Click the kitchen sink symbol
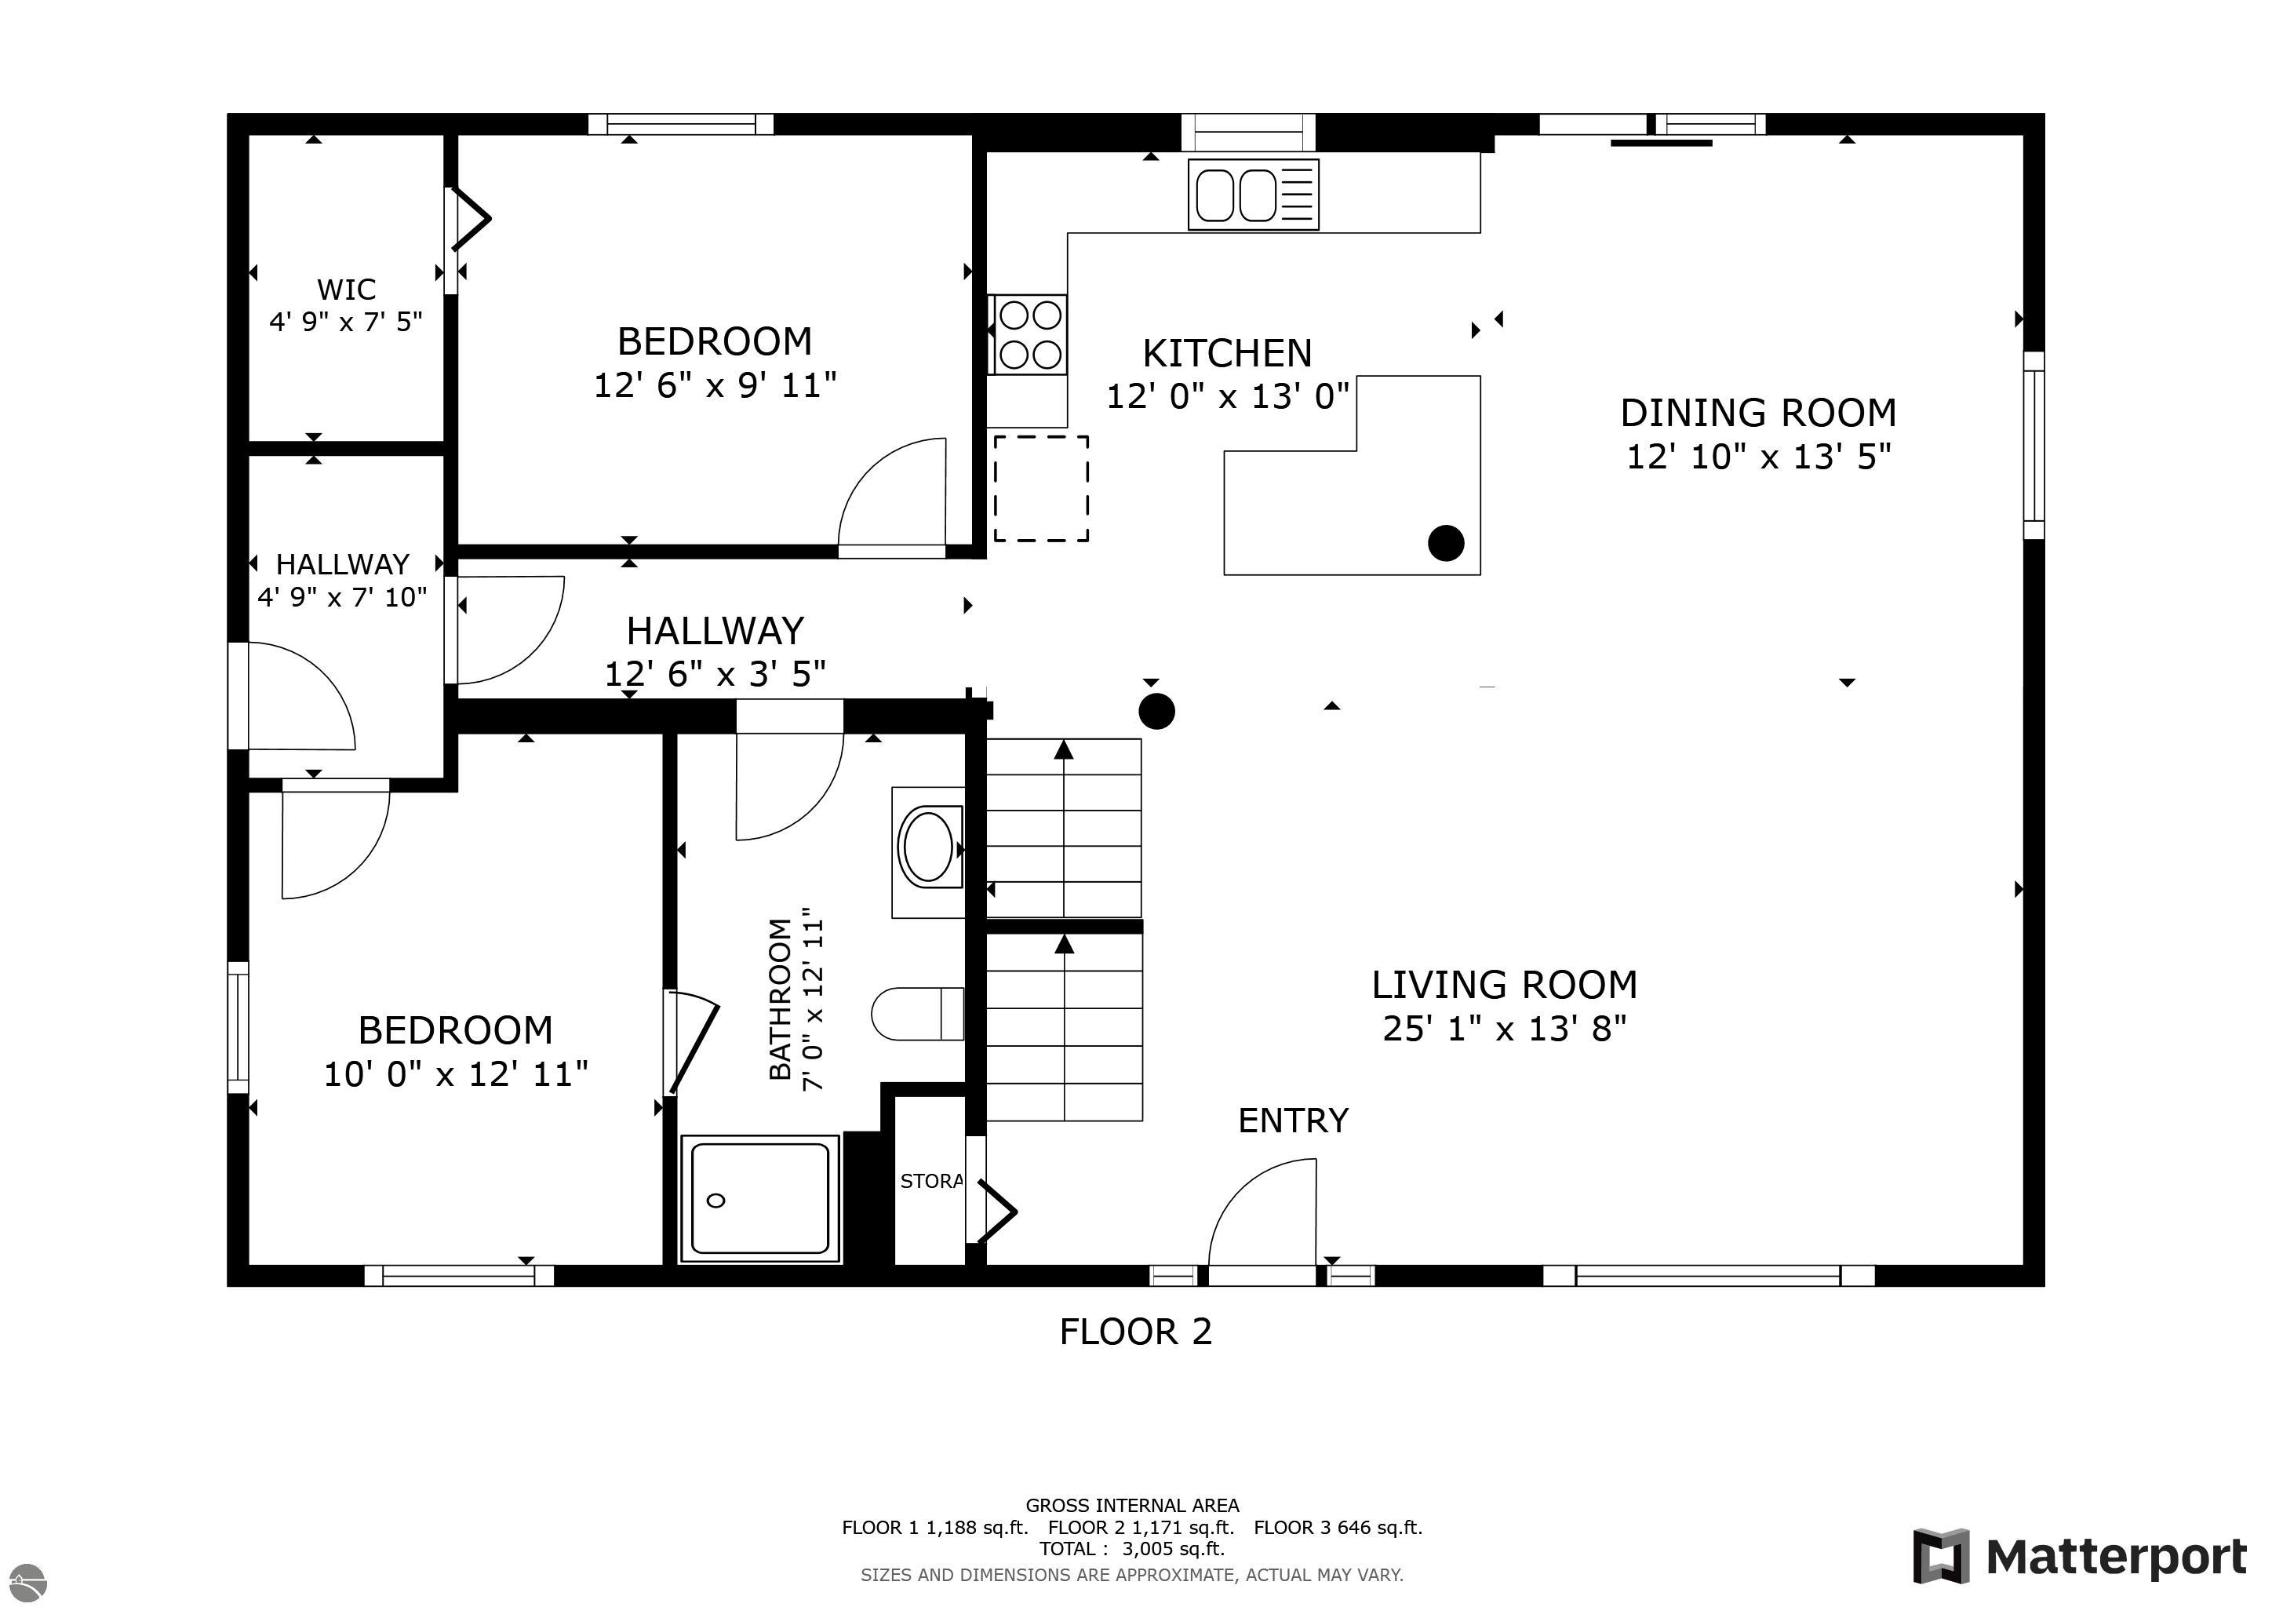pos(1253,194)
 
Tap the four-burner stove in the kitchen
pos(1029,334)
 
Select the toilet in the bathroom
pos(917,1013)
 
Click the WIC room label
pos(346,289)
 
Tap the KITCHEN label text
pos(1227,352)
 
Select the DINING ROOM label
pos(1758,412)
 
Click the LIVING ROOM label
pos(1504,984)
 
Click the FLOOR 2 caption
pos(1135,1331)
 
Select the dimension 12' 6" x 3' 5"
pos(715,674)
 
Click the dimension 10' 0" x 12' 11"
pos(455,1073)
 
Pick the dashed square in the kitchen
pos(1041,488)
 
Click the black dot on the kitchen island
pos(1446,542)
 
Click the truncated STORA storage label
pos(931,1180)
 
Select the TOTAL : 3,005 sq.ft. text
pos(1132,1549)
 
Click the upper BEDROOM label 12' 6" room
pos(715,341)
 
